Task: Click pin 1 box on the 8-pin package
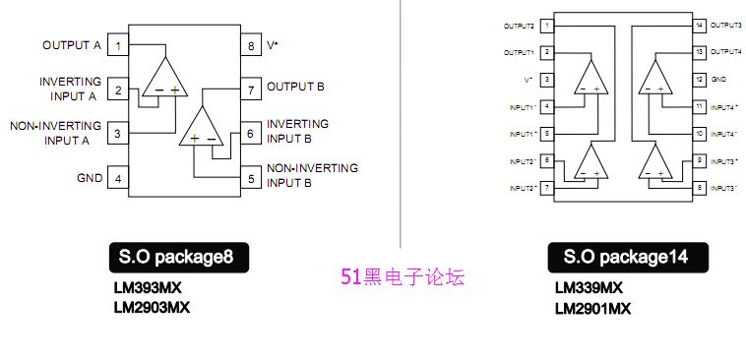(118, 45)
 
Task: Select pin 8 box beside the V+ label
(250, 45)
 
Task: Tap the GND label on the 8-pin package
(89, 178)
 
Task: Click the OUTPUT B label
(295, 87)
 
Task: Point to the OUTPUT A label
(71, 45)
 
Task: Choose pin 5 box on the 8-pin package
(250, 178)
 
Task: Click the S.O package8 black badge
(176, 259)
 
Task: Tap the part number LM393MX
(148, 289)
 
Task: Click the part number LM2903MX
(152, 307)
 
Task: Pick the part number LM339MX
(589, 289)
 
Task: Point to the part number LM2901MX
(592, 308)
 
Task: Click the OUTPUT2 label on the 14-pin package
(519, 25)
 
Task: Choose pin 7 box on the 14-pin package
(546, 186)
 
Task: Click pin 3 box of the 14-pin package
(546, 78)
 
